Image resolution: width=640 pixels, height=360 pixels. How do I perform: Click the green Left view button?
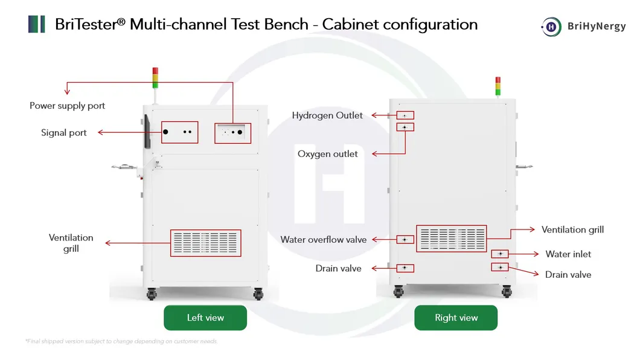pyautogui.click(x=205, y=318)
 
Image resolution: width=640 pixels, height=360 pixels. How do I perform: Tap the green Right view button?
pyautogui.click(x=456, y=318)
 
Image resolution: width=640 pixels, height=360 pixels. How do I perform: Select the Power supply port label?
pyautogui.click(x=68, y=106)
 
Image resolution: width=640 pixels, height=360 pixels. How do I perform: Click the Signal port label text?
pyautogui.click(x=64, y=133)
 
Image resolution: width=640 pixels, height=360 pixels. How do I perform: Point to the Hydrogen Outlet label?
pyautogui.click(x=327, y=115)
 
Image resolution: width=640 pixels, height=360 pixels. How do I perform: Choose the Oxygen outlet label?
pyautogui.click(x=328, y=154)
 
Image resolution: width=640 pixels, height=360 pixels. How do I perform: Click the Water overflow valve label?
pyautogui.click(x=324, y=240)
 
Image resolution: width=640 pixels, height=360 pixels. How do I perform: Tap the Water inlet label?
pyautogui.click(x=568, y=254)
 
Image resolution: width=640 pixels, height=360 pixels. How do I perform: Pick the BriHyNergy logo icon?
pyautogui.click(x=551, y=26)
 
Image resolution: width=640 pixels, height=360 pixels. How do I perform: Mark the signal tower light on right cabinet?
pyautogui.click(x=498, y=86)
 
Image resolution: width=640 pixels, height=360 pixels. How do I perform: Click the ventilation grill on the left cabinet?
pyautogui.click(x=205, y=242)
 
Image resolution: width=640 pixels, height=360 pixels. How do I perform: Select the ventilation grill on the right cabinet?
pyautogui.click(x=451, y=239)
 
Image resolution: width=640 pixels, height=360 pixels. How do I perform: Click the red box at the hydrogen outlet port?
pyautogui.click(x=405, y=115)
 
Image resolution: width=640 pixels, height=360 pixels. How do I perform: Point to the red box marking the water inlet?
pyautogui.click(x=500, y=254)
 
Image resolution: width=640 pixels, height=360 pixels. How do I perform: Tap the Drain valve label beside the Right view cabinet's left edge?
pyautogui.click(x=338, y=268)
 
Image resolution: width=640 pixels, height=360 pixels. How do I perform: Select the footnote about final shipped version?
pyautogui.click(x=121, y=341)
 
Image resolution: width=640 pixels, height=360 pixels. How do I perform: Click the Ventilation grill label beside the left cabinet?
pyautogui.click(x=71, y=243)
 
